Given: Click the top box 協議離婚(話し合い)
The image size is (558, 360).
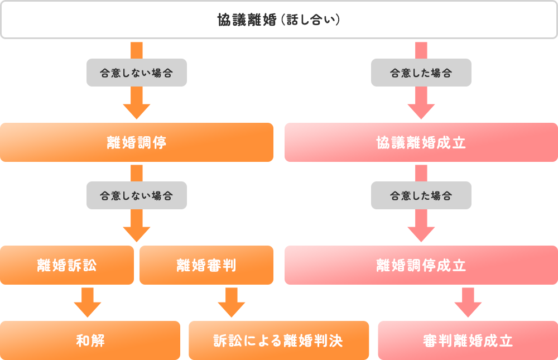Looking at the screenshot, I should tap(279, 20).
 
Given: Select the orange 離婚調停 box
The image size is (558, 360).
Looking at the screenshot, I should tap(137, 142).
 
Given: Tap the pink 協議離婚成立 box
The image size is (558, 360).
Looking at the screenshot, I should tap(421, 142).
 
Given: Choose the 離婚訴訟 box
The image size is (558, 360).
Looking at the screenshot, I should tap(67, 265).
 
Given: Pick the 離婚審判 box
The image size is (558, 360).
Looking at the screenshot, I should tap(206, 265).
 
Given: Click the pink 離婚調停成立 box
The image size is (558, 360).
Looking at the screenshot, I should tap(421, 265).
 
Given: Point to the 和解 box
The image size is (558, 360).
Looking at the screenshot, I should tap(90, 340).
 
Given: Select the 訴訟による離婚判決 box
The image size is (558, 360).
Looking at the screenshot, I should tap(278, 340).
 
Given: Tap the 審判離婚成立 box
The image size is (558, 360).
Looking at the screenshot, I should tap(468, 340).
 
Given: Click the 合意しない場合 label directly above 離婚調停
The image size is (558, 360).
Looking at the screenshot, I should tap(137, 73).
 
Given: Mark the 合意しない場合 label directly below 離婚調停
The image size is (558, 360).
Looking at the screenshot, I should tap(137, 195).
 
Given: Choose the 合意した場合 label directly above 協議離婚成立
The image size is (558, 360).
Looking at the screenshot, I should tap(421, 73).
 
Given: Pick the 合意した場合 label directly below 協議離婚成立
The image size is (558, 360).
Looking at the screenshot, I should tap(421, 195).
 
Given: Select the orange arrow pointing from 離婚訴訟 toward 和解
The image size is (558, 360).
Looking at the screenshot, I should tap(88, 303).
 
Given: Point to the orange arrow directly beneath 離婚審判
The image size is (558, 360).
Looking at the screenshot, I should tap(232, 303).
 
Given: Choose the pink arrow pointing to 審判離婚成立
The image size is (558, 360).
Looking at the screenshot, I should tap(468, 303).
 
